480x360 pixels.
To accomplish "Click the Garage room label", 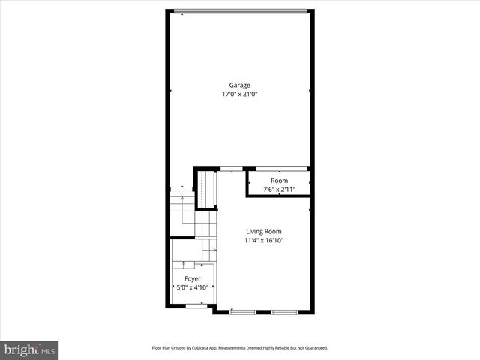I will [240, 85].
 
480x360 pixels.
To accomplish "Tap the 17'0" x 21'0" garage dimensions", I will [240, 94].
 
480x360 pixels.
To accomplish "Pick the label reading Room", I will [279, 181].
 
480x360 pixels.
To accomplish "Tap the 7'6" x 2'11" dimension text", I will [279, 190].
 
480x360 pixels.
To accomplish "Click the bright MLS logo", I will [30, 349].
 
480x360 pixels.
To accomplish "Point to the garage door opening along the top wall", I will [240, 10].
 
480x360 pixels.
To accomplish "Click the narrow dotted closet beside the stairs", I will [206, 188].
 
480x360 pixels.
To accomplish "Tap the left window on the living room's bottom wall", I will [243, 311].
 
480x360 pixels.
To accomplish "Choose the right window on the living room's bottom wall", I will [284, 311].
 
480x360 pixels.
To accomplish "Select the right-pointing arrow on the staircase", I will [213, 249].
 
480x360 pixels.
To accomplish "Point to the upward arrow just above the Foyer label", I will [183, 264].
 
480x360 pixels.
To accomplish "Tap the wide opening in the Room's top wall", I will [278, 168].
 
